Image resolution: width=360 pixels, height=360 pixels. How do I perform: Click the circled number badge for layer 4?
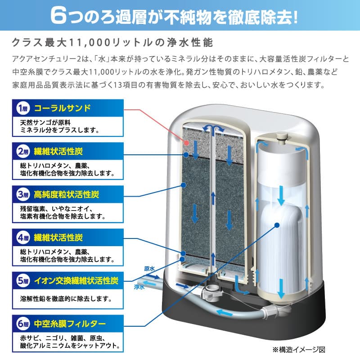point(23,238)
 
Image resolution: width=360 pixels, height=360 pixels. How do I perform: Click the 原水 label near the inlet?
point(149,269)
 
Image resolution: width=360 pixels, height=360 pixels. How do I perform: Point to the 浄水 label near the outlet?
point(139,286)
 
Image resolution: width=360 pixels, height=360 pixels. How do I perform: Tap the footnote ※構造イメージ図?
point(304,349)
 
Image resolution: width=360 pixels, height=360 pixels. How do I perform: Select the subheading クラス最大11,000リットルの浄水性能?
point(115,44)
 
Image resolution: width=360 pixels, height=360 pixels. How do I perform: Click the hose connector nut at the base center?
point(209,293)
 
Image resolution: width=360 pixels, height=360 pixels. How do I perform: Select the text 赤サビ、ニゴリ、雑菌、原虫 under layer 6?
point(63,338)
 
